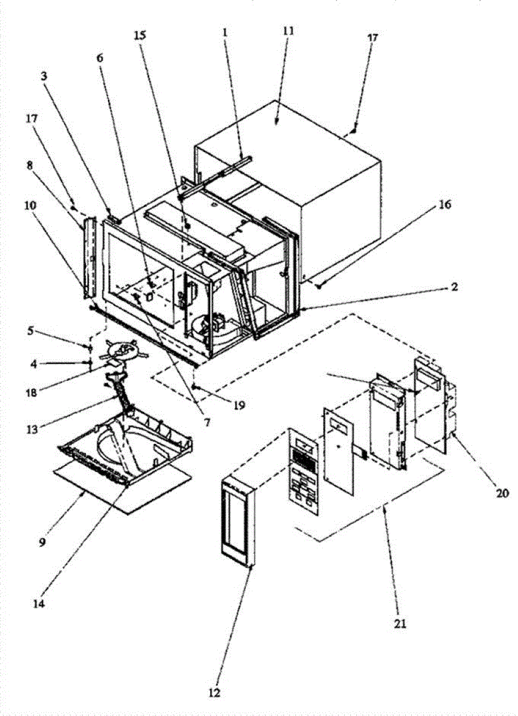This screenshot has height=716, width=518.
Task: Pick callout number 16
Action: click(445, 205)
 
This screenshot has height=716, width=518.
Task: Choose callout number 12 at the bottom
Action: click(215, 693)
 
